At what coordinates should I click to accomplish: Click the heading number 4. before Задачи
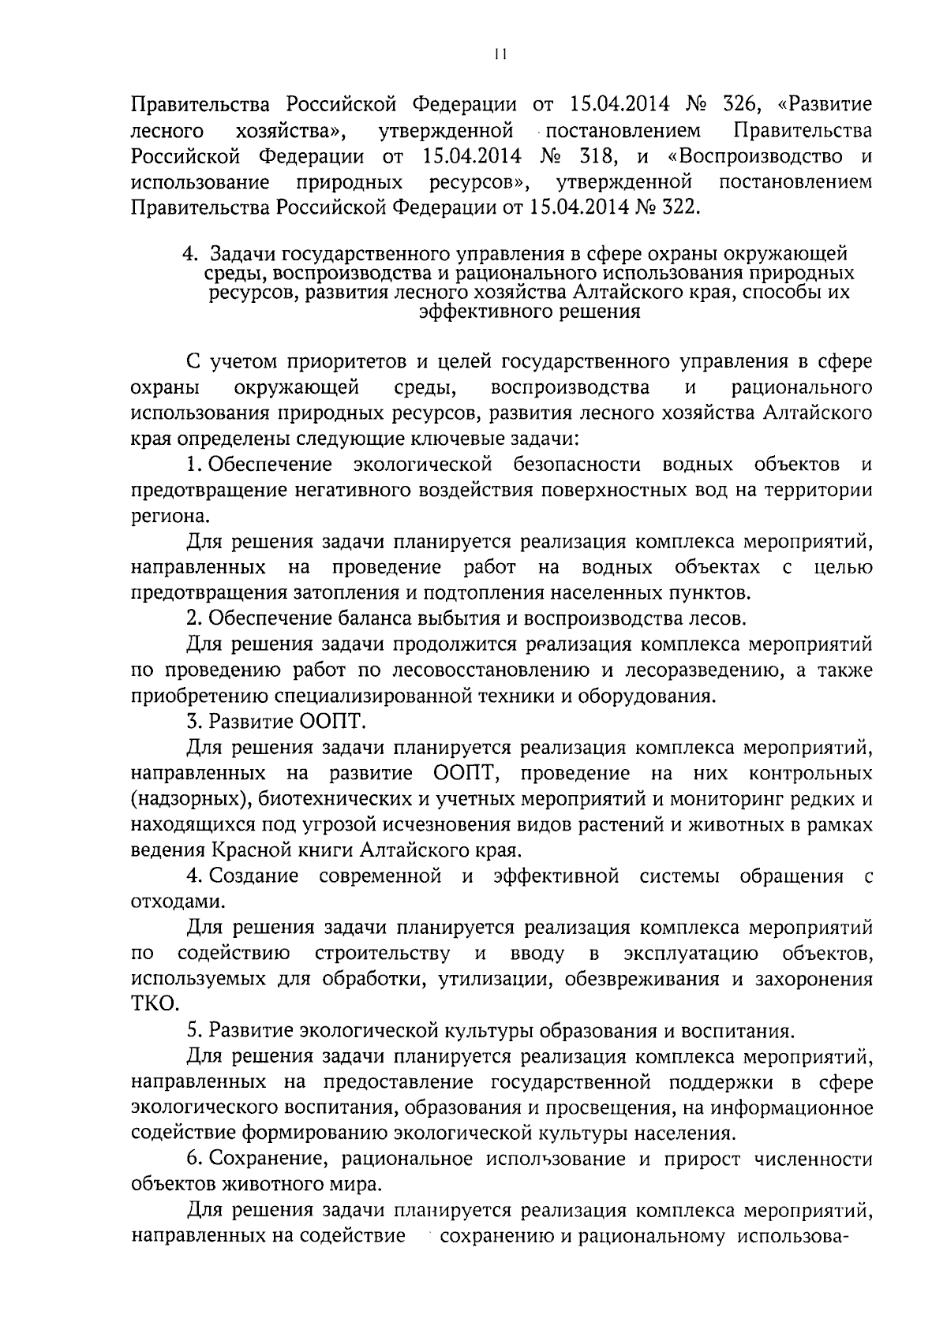tap(189, 254)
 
